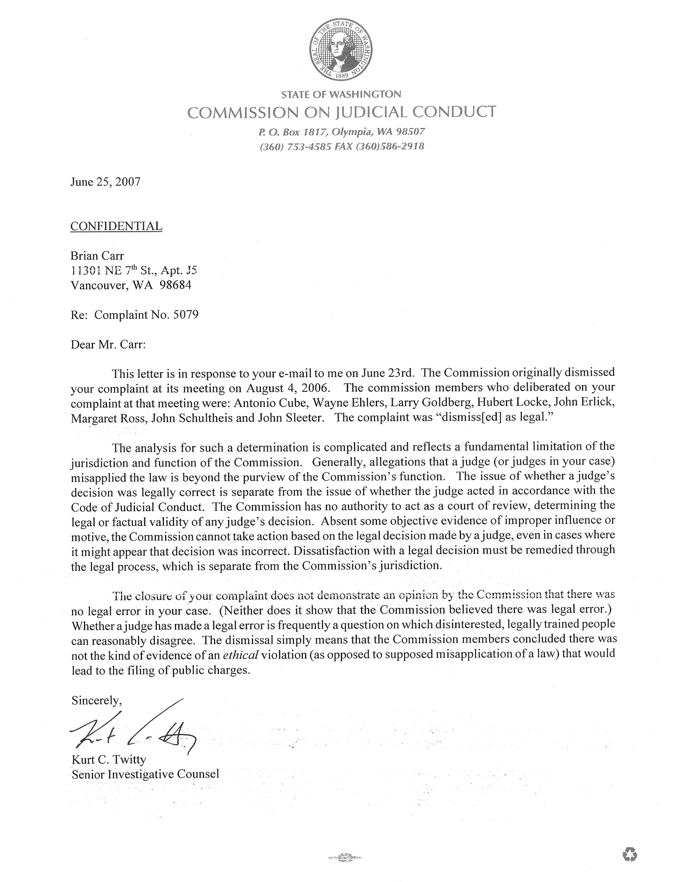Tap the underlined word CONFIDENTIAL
pos(116,226)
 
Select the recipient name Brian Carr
pos(97,256)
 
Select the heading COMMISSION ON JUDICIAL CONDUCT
pos(341,112)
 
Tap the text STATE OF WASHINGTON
pos(341,95)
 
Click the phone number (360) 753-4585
pos(294,147)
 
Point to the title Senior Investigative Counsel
pos(145,774)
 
